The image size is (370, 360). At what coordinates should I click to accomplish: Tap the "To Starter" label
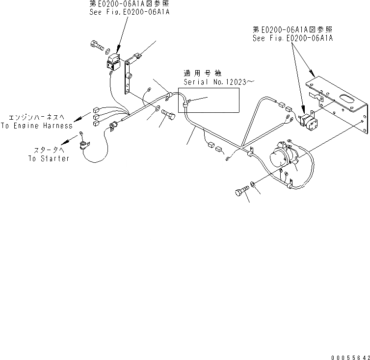49,158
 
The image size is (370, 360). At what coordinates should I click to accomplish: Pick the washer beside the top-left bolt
107,50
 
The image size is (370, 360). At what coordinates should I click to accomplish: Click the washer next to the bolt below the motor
252,184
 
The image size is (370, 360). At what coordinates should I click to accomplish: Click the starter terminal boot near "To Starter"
85,146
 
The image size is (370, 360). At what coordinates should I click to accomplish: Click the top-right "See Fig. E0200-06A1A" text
293,38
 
